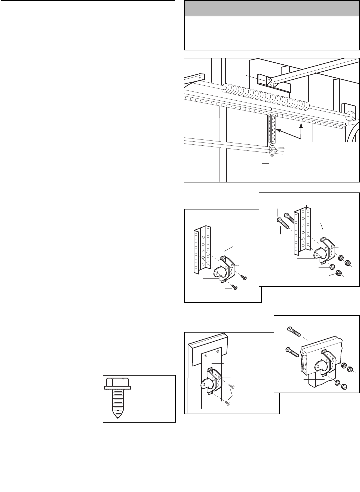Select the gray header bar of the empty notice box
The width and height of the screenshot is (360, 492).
point(272,8)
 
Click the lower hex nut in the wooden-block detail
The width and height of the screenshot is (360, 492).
point(344,387)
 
